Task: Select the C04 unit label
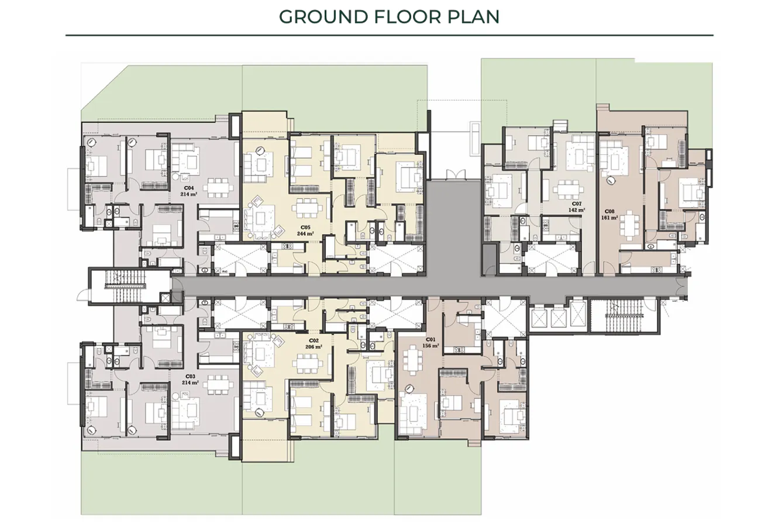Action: pos(191,188)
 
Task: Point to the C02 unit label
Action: pos(314,340)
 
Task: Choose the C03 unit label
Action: pos(191,376)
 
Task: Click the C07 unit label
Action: pos(577,203)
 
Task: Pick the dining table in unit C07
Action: pos(566,190)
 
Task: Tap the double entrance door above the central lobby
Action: pos(454,174)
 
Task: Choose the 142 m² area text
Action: pos(577,209)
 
